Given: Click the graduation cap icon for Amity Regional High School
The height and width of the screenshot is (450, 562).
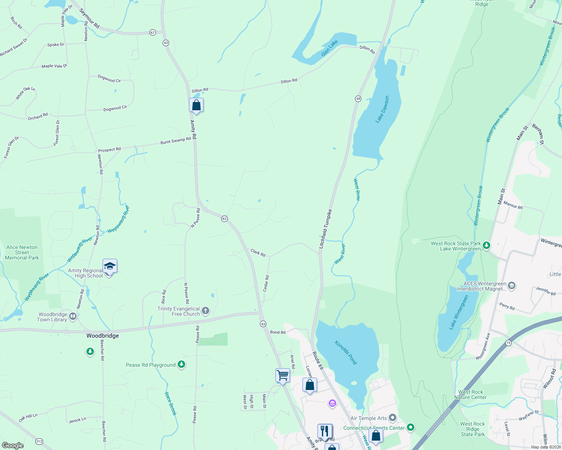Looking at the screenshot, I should point(109,266).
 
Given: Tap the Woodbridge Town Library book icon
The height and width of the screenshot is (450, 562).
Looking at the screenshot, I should point(73,316).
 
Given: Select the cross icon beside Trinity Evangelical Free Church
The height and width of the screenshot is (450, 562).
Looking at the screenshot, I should point(205,310).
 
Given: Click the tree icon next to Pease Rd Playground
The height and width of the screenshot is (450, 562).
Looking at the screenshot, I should point(181,364).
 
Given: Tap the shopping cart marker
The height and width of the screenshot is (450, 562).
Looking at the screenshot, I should point(283,375).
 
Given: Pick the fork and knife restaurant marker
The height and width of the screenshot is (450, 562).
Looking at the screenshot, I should point(325,431).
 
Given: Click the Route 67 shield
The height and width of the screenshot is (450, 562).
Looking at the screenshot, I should point(153,32).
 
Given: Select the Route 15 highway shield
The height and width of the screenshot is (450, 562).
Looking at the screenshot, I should point(508,343).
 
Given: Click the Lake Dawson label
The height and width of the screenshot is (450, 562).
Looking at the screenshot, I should point(382,109).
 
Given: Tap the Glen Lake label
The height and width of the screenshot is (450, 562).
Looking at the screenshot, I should point(329,48).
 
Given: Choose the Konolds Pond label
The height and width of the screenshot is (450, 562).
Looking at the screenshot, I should point(346,352).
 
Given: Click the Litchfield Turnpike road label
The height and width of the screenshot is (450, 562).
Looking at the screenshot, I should point(325,229).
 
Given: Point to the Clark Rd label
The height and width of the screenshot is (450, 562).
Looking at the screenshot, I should point(258,253).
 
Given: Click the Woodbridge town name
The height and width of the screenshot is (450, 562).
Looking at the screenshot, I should point(103,336).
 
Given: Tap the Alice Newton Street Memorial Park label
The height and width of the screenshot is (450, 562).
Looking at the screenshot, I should point(22,252).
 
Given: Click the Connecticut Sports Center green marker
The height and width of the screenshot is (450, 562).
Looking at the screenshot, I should point(411,427).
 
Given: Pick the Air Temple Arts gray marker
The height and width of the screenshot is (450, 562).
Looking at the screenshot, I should point(393,417).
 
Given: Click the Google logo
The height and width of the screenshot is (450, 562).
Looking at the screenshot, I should point(13,445).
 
